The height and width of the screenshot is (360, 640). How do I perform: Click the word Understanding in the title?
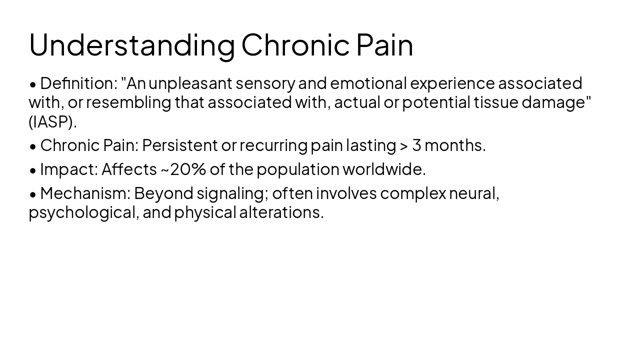(131, 45)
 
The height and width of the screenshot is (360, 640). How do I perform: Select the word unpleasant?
(190, 83)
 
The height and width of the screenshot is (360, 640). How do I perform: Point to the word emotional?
(368, 83)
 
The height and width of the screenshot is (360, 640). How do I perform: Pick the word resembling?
(128, 102)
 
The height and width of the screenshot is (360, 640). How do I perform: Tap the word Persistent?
(180, 145)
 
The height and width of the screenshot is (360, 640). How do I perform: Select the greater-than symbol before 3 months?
(404, 145)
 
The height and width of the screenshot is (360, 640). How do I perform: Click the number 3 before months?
(416, 145)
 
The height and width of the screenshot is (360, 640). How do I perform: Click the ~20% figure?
(183, 169)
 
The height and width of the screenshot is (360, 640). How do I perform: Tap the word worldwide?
(383, 169)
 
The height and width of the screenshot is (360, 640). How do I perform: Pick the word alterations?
(281, 212)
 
